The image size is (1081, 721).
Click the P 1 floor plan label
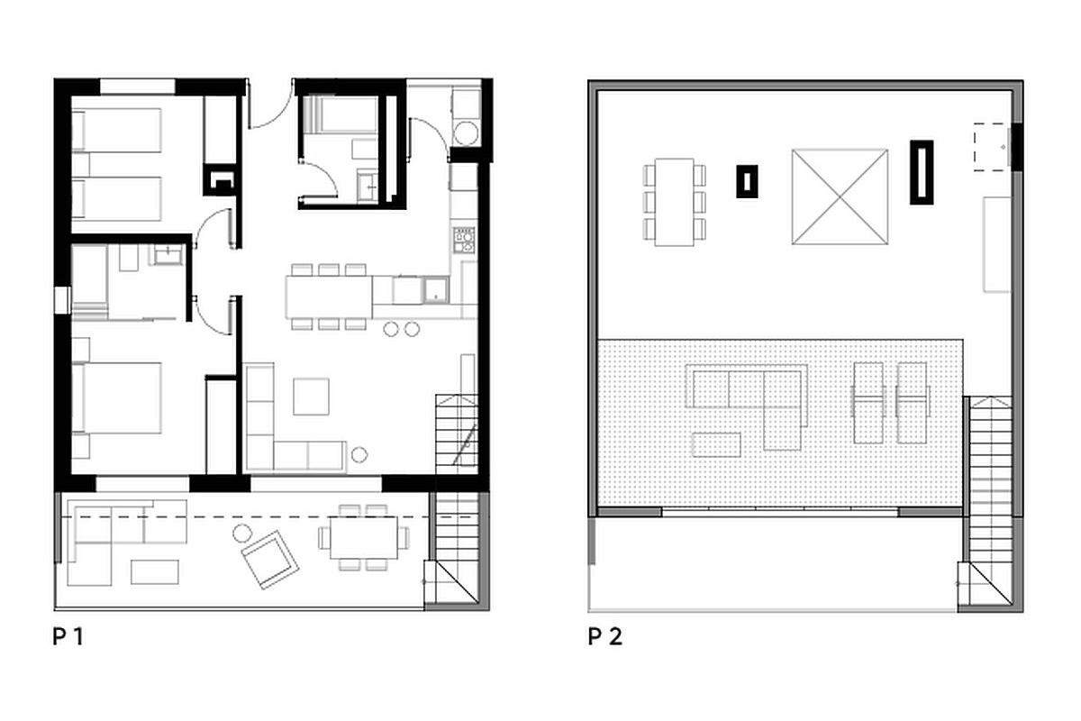[68, 636]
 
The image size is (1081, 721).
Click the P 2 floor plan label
[605, 636]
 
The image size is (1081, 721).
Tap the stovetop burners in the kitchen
[463, 240]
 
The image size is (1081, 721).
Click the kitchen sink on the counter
[436, 290]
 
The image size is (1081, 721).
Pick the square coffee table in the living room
[312, 397]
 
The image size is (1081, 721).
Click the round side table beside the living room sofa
[359, 454]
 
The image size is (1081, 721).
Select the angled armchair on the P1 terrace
[269, 560]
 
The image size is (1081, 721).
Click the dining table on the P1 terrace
[364, 537]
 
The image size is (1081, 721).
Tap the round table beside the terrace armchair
[242, 534]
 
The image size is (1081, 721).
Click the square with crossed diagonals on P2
[840, 197]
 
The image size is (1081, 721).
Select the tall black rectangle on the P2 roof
[922, 172]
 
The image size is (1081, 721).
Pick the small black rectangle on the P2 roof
[747, 181]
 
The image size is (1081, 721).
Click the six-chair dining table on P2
[674, 202]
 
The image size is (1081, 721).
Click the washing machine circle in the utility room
[467, 132]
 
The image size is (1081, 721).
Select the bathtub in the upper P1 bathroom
[341, 114]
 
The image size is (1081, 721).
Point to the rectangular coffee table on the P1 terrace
[154, 571]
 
